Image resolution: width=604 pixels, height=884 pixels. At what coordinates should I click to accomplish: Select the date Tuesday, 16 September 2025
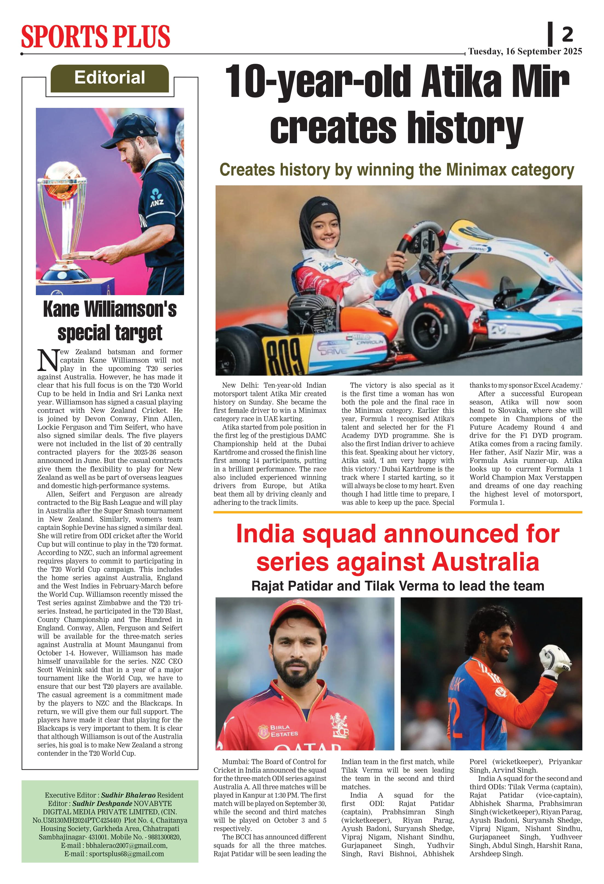tap(525, 51)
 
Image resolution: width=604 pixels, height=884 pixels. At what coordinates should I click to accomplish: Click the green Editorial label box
tap(110, 78)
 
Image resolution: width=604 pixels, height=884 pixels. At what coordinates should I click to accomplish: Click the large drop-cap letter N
tap(48, 360)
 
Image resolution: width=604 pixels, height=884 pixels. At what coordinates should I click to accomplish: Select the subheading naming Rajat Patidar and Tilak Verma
tap(398, 586)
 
